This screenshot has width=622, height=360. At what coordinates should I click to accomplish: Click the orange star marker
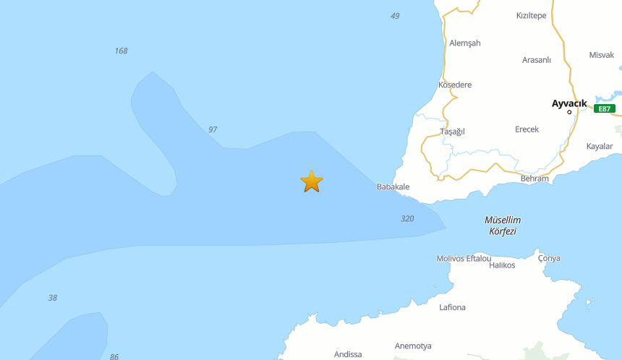click(x=311, y=181)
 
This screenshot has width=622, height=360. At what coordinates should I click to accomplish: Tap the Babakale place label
click(x=393, y=187)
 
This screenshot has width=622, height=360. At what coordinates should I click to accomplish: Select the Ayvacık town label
click(x=569, y=103)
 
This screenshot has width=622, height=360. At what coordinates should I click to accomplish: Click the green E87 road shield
click(x=605, y=108)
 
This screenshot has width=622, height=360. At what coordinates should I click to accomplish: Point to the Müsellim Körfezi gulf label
click(x=502, y=226)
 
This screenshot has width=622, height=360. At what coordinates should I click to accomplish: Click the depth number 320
click(x=407, y=218)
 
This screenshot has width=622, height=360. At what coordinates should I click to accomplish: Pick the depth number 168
click(x=121, y=51)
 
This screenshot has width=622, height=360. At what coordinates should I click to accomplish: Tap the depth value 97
click(x=213, y=129)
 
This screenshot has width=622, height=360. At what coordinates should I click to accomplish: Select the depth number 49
click(x=395, y=16)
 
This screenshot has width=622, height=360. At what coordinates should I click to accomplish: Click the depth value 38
click(x=53, y=298)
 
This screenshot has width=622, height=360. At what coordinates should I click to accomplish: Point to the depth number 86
click(x=114, y=357)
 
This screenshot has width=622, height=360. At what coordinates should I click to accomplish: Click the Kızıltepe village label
click(x=531, y=15)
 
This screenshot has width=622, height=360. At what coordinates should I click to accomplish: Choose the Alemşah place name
click(x=464, y=43)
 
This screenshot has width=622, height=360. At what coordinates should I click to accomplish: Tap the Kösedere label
click(x=455, y=85)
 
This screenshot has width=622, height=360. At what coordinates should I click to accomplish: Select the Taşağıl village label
click(x=452, y=131)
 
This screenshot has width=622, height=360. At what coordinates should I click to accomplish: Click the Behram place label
click(x=534, y=178)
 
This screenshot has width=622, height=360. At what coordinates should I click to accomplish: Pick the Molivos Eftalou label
click(x=464, y=258)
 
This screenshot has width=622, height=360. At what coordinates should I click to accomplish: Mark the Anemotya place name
click(x=413, y=346)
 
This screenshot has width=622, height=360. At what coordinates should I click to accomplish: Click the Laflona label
click(x=452, y=307)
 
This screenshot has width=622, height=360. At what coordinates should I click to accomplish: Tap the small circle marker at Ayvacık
click(x=569, y=112)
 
